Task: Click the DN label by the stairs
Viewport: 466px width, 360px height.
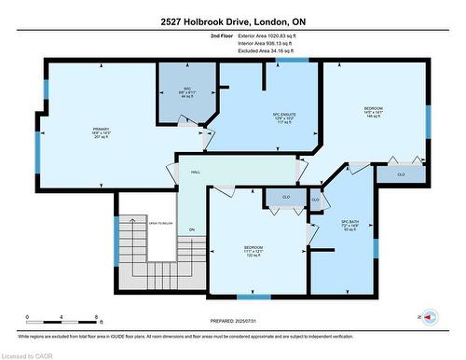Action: tap(192, 229)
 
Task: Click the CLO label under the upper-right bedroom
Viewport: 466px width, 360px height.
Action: tap(401, 173)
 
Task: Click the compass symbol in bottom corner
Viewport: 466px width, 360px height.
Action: tap(430, 317)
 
